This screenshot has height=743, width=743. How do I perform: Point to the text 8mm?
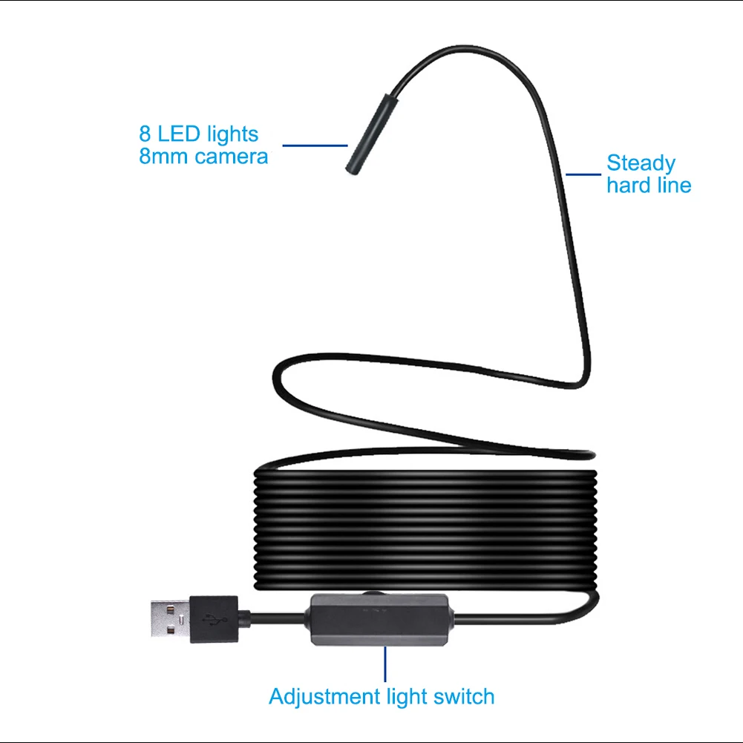[x=163, y=157]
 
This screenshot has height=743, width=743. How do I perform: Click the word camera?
[x=231, y=157]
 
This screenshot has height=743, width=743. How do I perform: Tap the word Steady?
[x=641, y=163]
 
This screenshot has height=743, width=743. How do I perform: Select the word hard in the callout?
[x=629, y=185]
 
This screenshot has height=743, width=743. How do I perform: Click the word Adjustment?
[x=324, y=697]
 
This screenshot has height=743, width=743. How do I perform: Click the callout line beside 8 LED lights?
[x=315, y=145]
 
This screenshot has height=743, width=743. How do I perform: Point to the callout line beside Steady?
[x=584, y=175]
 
